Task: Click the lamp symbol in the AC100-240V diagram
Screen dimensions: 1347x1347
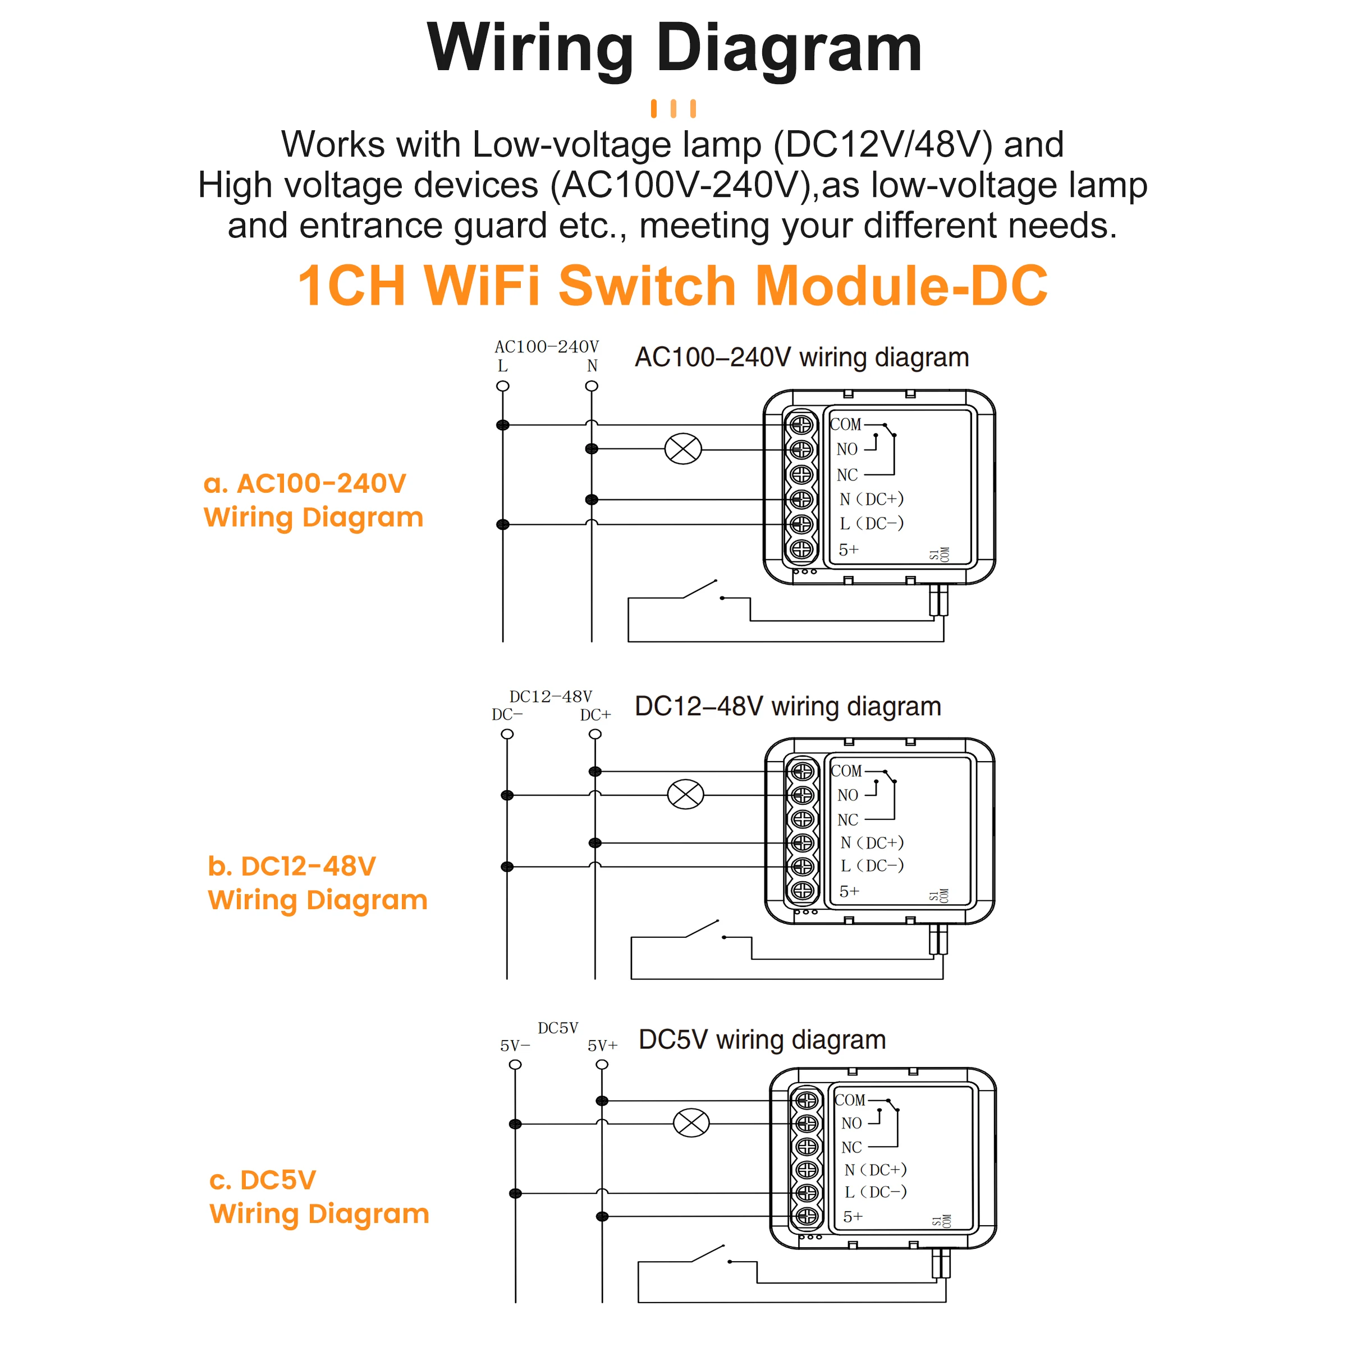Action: tap(683, 448)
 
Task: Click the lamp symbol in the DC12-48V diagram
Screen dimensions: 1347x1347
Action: tap(685, 794)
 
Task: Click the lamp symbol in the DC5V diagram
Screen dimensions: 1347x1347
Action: tap(691, 1122)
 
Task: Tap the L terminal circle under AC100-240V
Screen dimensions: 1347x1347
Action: tap(503, 386)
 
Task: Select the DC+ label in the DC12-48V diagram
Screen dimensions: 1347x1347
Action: tap(595, 714)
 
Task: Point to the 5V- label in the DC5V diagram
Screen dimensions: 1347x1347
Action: tap(515, 1046)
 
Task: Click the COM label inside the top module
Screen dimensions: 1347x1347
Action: tap(846, 424)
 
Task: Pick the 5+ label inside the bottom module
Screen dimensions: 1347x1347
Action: tap(853, 1217)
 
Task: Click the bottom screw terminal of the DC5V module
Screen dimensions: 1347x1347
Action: tap(807, 1217)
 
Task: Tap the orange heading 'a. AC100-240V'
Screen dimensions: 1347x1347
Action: tap(305, 483)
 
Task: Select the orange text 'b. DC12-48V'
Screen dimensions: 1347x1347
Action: tap(291, 866)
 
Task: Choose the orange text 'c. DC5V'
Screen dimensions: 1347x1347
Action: tap(262, 1180)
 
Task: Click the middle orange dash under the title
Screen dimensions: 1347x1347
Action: tap(673, 109)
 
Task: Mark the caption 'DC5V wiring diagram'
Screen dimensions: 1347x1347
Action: tap(762, 1039)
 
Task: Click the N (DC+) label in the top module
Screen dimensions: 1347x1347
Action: tap(871, 498)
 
